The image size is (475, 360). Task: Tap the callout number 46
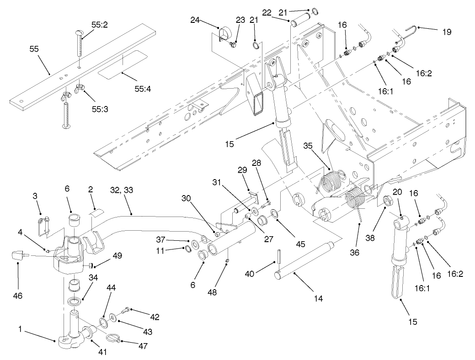pos(18,296)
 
